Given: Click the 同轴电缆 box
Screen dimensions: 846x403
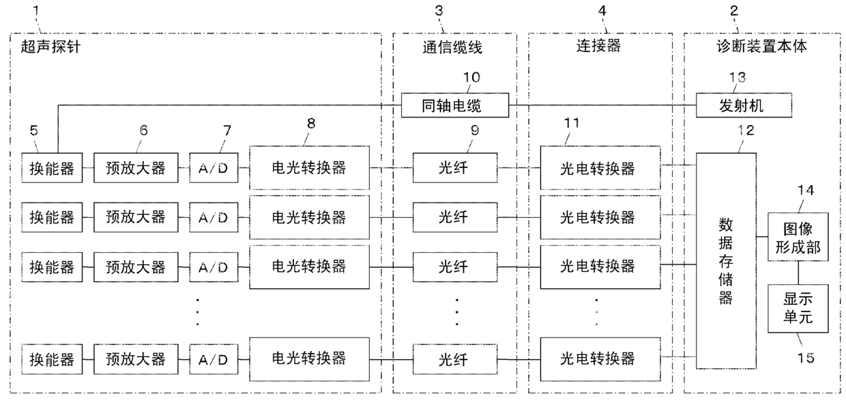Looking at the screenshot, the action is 454,105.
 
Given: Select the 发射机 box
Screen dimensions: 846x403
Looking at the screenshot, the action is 744,105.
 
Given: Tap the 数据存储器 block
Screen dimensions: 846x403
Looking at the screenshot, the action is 726,261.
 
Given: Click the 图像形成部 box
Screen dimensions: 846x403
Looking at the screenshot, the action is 798,236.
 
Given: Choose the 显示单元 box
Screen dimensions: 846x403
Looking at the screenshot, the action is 798,309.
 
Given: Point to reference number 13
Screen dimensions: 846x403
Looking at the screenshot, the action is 737,77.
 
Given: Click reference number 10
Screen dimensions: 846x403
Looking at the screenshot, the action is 471,77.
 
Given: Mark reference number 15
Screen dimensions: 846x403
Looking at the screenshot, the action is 805,358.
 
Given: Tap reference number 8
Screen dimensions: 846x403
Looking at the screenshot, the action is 311,123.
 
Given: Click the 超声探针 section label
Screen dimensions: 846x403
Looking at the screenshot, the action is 50,46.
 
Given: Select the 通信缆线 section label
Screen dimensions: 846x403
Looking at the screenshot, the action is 452,47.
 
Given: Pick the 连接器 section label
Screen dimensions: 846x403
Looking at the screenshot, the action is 598,46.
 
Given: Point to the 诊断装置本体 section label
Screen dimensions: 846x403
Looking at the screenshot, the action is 761,46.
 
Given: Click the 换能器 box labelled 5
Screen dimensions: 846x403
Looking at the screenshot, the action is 52,168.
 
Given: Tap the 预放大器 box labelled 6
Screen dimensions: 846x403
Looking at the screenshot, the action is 136,168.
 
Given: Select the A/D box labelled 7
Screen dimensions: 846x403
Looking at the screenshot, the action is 214,168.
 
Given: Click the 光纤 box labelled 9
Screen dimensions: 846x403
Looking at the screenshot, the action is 454,168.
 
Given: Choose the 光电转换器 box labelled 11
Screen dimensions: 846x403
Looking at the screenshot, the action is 600,168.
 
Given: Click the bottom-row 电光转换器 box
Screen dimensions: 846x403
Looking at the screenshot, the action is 309,359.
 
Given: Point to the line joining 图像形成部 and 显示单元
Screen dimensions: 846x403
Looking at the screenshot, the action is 798,273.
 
